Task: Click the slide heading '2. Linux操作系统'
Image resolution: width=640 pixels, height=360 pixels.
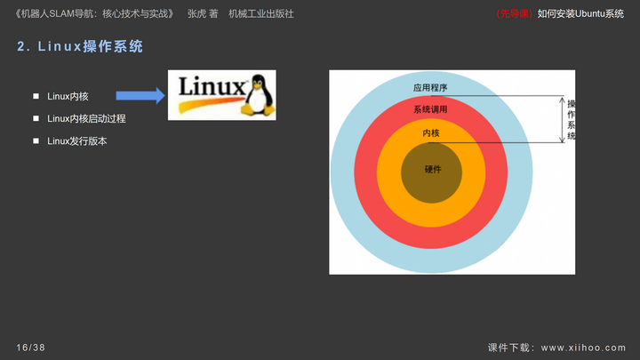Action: point(80,46)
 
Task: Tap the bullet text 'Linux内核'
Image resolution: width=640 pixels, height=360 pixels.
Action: point(68,96)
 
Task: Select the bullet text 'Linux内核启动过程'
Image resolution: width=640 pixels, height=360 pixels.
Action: point(86,119)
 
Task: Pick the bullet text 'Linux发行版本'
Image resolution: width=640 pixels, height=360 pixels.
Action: point(77,141)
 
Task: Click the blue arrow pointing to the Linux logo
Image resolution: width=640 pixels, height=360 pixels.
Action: point(140,96)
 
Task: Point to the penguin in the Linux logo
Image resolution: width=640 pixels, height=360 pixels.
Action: point(258,95)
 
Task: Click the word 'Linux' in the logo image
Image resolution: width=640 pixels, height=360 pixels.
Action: point(212,86)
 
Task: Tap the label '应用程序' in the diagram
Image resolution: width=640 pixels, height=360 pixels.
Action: point(430,88)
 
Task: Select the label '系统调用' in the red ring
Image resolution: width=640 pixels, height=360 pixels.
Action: point(430,109)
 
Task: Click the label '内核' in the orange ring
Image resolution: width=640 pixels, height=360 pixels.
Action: point(431,133)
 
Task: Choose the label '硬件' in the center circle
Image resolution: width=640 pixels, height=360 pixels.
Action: point(433,169)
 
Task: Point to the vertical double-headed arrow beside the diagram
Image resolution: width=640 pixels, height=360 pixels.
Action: point(562,120)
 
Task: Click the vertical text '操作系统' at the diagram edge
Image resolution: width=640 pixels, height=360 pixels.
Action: point(571,120)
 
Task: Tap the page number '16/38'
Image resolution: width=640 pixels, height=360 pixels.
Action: point(30,348)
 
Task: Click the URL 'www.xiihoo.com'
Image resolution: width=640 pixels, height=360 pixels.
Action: point(583,348)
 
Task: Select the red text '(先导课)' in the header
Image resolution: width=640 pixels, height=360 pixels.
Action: point(515,14)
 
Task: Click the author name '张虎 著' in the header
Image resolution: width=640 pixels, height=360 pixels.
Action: point(203,14)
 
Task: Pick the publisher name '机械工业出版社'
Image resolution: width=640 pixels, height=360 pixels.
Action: point(261,14)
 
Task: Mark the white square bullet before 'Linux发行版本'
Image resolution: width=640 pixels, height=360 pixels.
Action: point(36,140)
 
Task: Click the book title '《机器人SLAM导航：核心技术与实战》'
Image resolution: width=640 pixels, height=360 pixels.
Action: point(95,14)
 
